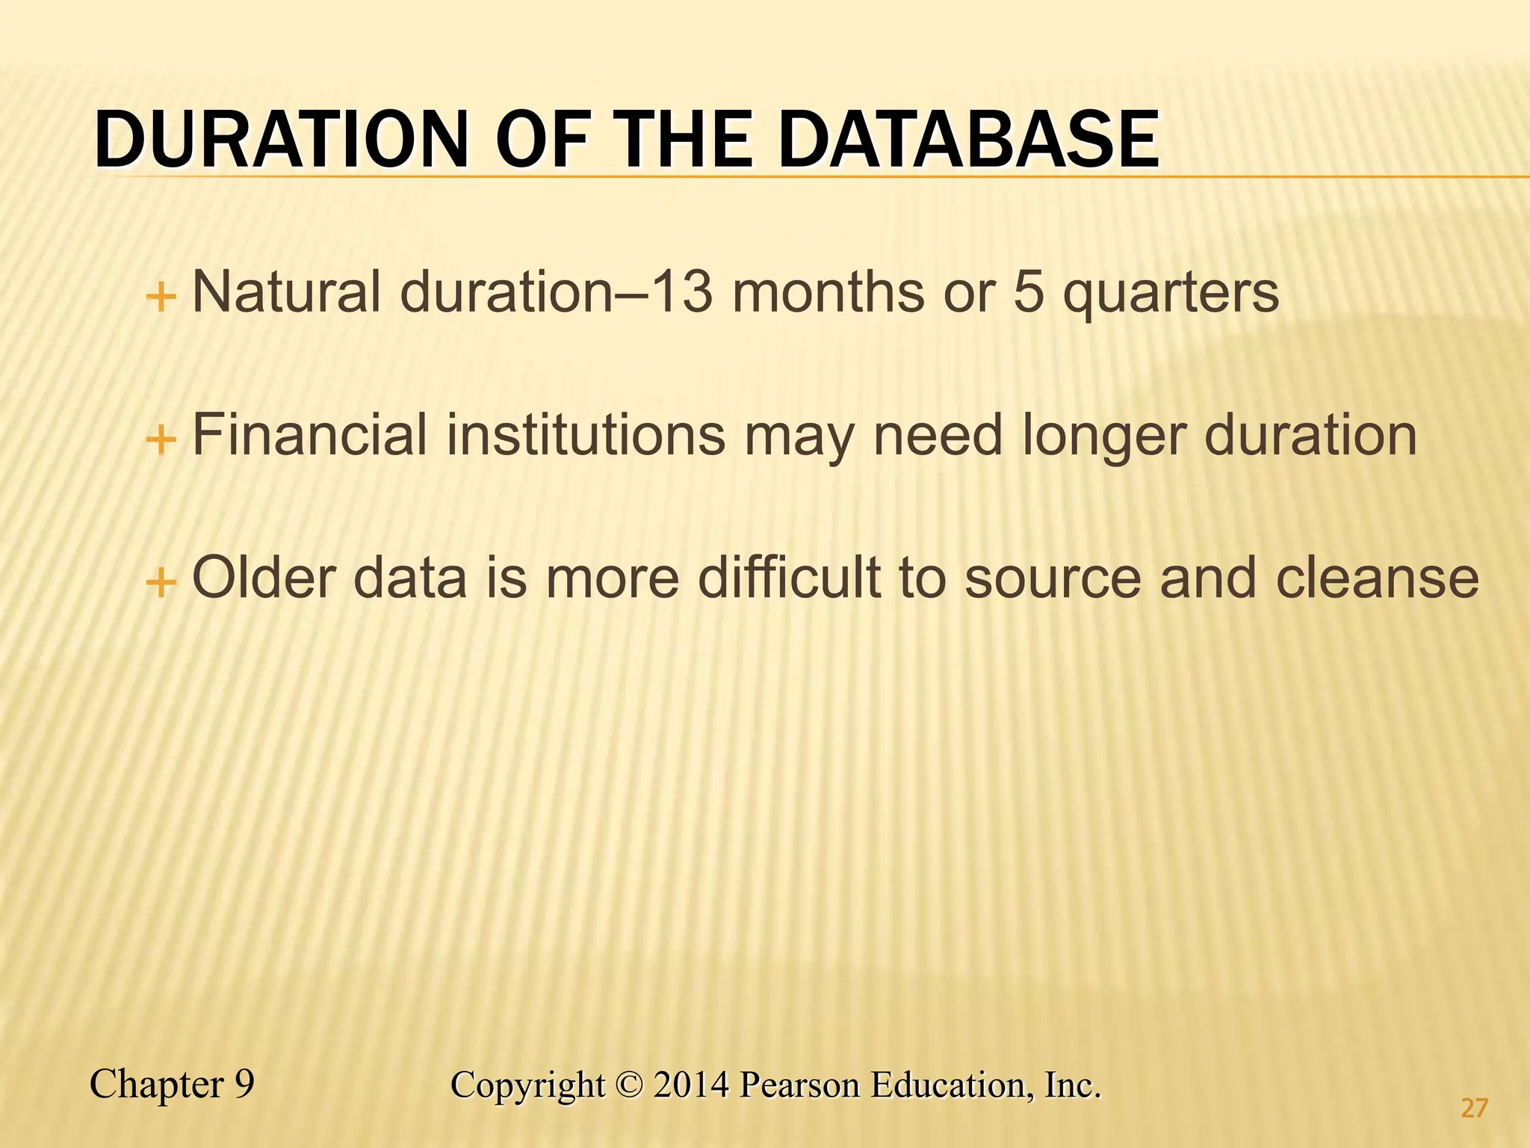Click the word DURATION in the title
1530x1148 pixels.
tap(281, 141)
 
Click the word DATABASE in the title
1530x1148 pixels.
tap(969, 141)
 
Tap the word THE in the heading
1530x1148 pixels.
tap(684, 141)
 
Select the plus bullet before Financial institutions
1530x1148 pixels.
tap(161, 440)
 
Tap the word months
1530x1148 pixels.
tap(829, 291)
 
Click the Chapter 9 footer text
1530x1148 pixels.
tap(172, 1084)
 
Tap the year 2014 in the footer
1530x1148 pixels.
tap(690, 1085)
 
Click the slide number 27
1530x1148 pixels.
tap(1474, 1108)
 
